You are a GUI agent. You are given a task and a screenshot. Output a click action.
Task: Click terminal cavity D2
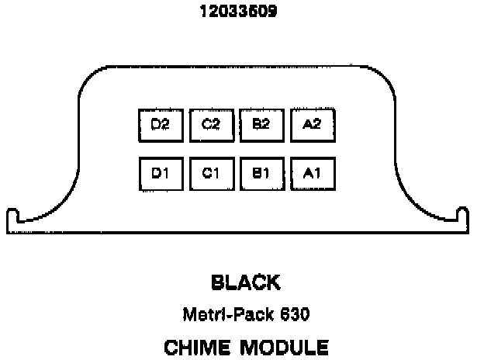click(x=161, y=124)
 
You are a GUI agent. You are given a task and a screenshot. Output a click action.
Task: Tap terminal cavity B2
click(x=261, y=124)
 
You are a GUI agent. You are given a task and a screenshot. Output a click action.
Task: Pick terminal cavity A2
click(x=312, y=124)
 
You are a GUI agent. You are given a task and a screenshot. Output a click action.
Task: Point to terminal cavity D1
click(x=161, y=174)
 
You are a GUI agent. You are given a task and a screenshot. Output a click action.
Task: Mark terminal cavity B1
click(x=261, y=174)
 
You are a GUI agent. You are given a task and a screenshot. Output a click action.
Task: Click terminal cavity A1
click(x=312, y=174)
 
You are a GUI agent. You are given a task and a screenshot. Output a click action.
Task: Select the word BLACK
click(x=246, y=282)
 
